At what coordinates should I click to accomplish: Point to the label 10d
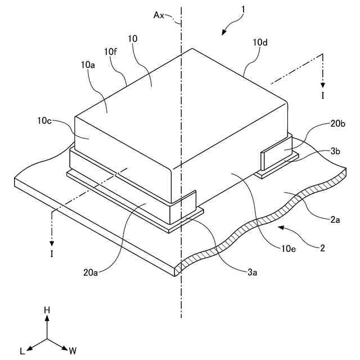(x=260, y=43)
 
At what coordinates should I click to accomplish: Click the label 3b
(x=335, y=151)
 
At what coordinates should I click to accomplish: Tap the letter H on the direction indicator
(x=47, y=310)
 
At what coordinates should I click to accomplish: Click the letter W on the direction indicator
(x=73, y=350)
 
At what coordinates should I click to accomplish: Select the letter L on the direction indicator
(x=22, y=350)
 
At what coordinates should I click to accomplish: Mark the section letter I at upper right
(x=322, y=96)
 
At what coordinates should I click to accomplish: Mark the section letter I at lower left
(x=52, y=254)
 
